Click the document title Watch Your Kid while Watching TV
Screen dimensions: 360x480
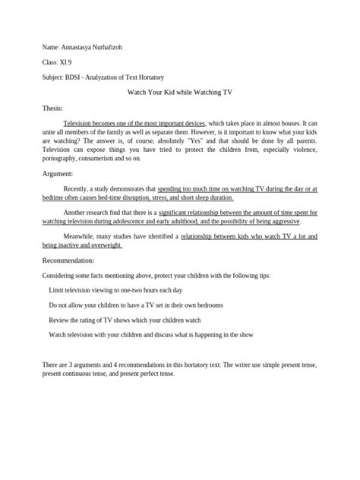tap(179, 92)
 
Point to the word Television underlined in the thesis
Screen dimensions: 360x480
tap(80, 122)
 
